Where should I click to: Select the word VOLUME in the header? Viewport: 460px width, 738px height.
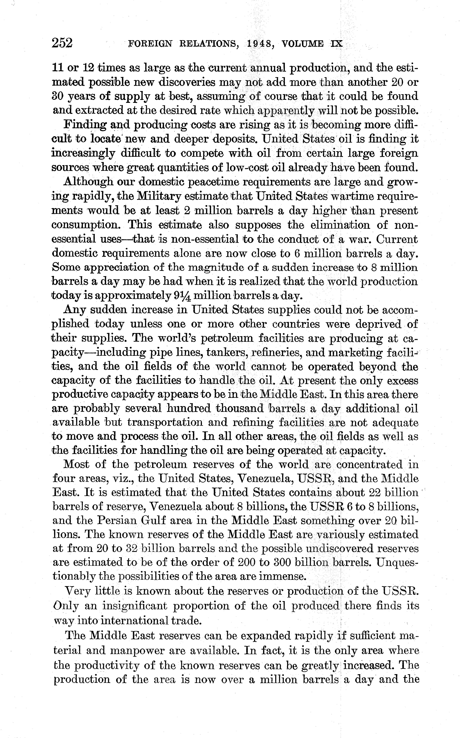(x=303, y=44)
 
